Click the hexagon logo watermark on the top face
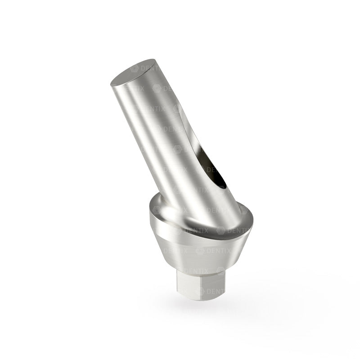point(134,68)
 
